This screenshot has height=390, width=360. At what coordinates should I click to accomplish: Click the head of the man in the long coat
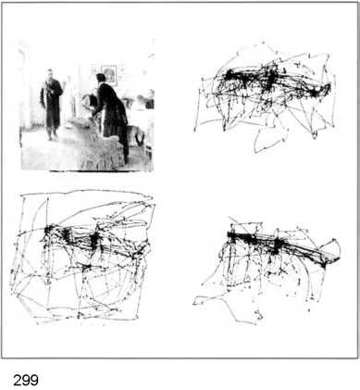[49, 74]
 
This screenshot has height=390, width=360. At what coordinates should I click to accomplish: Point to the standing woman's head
[101, 78]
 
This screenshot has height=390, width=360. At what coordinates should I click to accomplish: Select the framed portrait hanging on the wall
[109, 74]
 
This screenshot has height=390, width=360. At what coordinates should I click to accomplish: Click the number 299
[26, 380]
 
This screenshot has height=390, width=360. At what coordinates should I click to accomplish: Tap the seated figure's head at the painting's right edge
[150, 94]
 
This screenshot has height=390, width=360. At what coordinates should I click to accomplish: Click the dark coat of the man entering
[51, 102]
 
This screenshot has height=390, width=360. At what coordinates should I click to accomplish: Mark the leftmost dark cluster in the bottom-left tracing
[49, 230]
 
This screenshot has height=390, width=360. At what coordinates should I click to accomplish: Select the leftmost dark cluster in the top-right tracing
[230, 74]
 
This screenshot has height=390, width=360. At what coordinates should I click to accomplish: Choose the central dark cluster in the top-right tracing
[270, 77]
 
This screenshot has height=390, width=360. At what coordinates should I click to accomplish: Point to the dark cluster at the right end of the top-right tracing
[315, 92]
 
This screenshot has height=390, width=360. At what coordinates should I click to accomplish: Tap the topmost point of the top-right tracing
[263, 42]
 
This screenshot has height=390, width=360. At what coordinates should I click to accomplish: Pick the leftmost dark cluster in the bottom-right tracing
[233, 236]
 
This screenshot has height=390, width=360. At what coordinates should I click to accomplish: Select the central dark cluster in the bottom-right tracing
[277, 245]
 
